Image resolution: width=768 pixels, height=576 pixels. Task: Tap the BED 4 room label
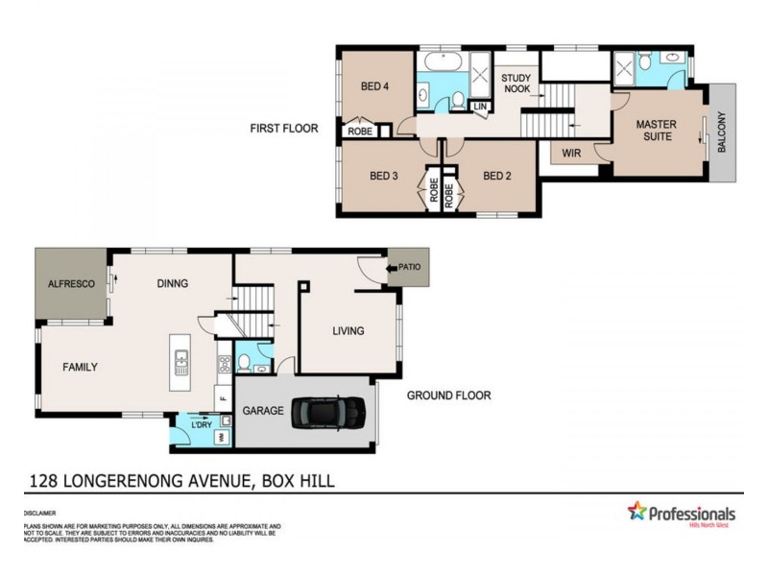pyautogui.click(x=374, y=85)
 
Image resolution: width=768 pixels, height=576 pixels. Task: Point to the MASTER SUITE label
pyautogui.click(x=657, y=131)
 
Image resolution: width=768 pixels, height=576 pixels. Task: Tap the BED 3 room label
pyautogui.click(x=384, y=176)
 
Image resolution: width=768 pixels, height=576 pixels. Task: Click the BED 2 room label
pyautogui.click(x=496, y=176)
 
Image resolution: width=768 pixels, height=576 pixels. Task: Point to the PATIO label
pyautogui.click(x=410, y=267)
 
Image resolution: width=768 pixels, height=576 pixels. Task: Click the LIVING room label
pyautogui.click(x=348, y=331)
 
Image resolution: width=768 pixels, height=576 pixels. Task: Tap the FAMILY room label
pyautogui.click(x=81, y=367)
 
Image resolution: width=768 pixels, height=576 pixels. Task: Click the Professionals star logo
pyautogui.click(x=636, y=512)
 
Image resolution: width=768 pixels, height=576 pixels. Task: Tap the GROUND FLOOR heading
pyautogui.click(x=448, y=395)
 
